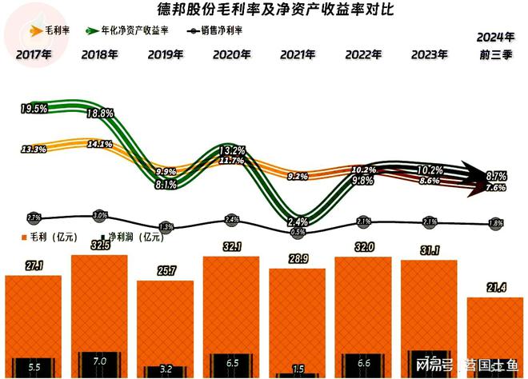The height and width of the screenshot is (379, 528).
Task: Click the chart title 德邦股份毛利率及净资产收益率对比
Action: [264, 10]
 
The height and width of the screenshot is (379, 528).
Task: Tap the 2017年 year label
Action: [34, 55]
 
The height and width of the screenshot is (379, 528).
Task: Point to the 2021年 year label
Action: [298, 55]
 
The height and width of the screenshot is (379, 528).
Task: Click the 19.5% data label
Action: [34, 108]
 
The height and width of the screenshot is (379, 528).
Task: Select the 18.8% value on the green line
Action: [99, 114]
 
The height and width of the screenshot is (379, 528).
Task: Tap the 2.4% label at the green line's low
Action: [297, 221]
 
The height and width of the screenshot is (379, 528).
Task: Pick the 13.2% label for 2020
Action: [231, 150]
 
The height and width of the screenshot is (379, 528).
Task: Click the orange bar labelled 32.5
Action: [99, 312]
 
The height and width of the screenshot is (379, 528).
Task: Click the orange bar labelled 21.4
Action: [494, 336]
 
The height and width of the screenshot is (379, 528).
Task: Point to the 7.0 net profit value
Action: [99, 361]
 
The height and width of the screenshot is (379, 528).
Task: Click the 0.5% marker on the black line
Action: [297, 232]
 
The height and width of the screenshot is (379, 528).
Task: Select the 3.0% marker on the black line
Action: [99, 215]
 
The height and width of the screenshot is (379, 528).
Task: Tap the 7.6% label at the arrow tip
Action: [495, 188]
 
